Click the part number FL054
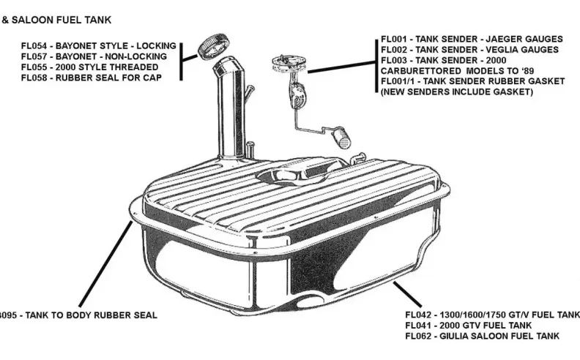33,45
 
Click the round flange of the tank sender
288,59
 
